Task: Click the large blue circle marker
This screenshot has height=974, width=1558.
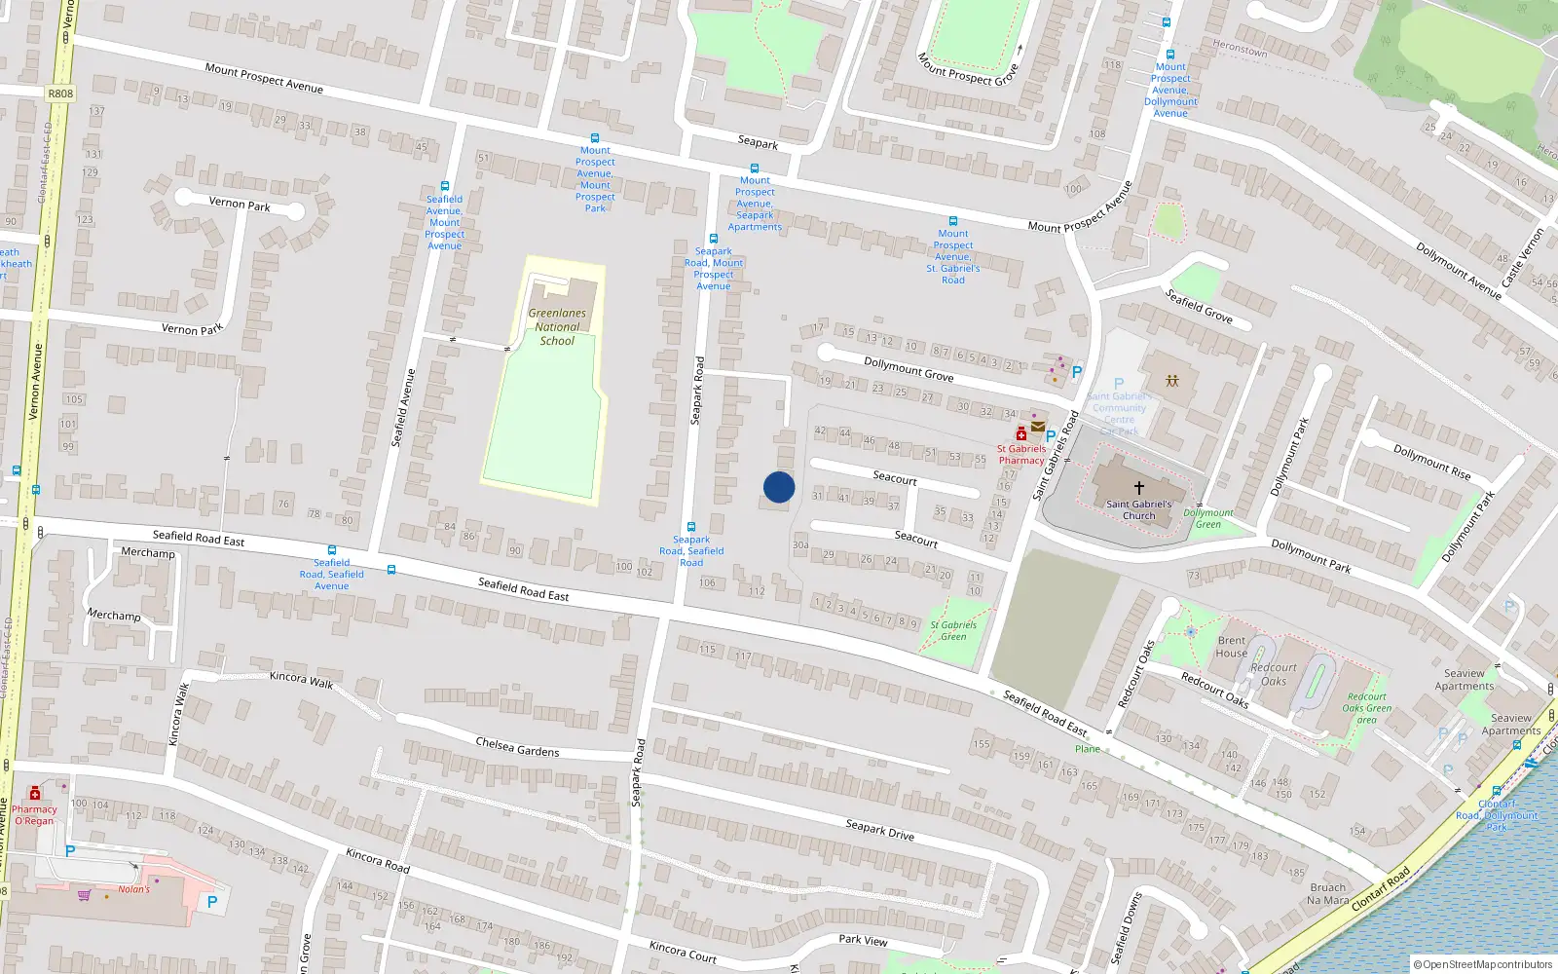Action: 779,487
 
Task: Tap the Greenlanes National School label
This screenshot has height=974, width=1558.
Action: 557,327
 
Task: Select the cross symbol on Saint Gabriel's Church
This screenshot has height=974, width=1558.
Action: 1138,487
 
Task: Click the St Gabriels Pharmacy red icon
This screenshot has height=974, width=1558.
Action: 1020,434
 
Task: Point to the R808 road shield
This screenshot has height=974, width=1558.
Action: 60,94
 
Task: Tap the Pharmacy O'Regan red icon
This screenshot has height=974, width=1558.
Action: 35,793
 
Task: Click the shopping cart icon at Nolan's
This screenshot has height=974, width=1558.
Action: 85,894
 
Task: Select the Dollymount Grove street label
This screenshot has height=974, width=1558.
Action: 909,368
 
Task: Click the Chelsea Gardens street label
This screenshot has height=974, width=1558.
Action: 517,747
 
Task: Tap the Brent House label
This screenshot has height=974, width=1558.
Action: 1232,647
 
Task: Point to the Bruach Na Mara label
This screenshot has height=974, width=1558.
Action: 1327,893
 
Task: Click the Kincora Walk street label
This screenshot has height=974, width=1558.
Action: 301,680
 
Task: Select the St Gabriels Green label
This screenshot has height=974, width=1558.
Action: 953,630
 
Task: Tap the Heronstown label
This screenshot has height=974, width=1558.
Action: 1240,48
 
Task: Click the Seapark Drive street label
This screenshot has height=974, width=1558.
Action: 879,828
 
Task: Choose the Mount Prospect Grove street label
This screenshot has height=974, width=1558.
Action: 967,68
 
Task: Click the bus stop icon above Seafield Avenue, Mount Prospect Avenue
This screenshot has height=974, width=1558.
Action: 445,186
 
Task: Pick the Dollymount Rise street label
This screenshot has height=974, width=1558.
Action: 1431,462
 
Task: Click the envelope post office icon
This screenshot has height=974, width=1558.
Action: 1038,427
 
